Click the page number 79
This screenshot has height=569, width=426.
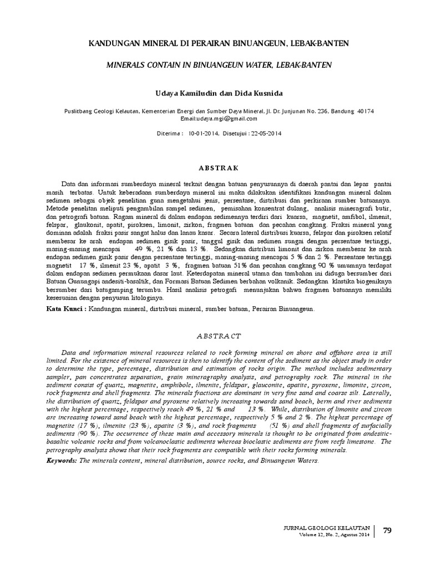pos(388,531)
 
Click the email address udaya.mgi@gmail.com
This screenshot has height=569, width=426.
pos(231,118)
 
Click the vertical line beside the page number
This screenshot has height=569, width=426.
pos(375,531)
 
